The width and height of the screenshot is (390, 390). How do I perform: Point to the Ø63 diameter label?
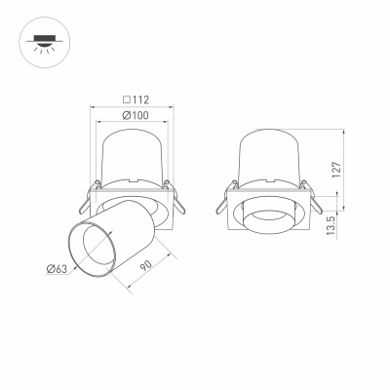(56, 270)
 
